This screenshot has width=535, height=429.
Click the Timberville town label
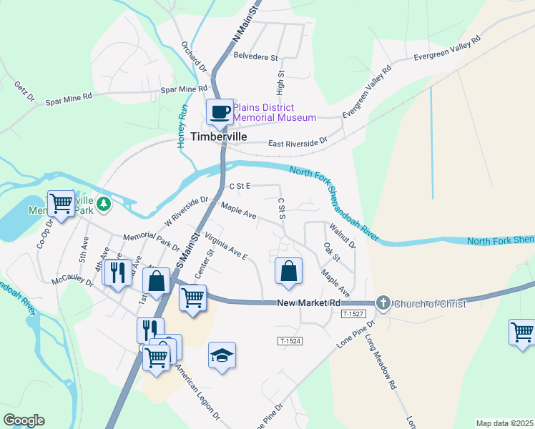click(219, 137)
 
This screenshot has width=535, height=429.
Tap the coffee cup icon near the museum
click(220, 112)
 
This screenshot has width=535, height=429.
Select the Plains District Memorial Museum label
click(274, 112)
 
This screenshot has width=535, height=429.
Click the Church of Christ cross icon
click(383, 303)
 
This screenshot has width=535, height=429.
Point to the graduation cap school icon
click(222, 355)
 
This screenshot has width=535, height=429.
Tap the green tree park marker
click(104, 204)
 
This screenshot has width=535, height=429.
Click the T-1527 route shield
click(353, 314)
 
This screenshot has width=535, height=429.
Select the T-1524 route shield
click(290, 341)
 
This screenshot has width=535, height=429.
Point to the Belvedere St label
click(255, 55)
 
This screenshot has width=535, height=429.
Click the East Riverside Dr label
click(297, 144)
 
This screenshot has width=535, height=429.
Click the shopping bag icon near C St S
click(288, 272)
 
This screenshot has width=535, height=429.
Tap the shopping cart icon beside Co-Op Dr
click(61, 204)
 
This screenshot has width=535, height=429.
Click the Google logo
click(24, 420)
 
